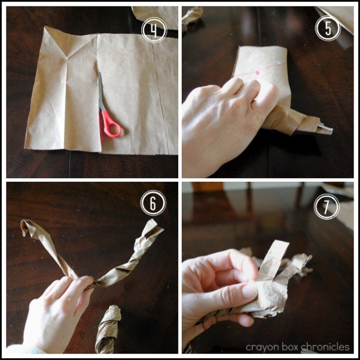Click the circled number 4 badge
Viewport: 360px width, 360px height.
153,31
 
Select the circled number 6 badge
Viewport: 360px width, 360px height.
153,203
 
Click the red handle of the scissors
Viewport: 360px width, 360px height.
110,125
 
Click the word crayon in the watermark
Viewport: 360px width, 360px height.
258,347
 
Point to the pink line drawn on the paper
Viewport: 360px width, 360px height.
264,71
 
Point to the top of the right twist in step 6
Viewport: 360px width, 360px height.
154,226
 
